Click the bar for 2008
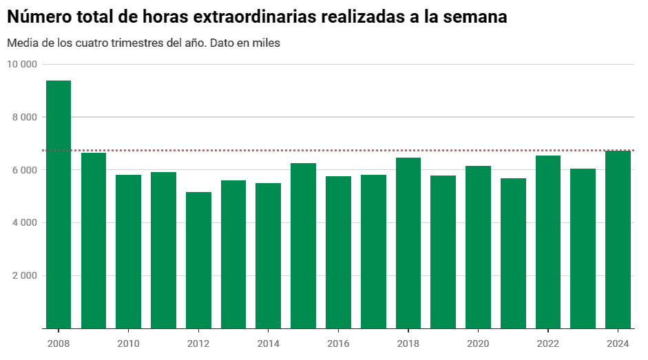click(x=59, y=204)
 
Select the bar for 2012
click(x=198, y=260)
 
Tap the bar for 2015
click(x=303, y=246)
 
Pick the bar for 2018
click(x=408, y=243)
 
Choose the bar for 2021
click(x=513, y=253)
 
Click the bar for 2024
click(x=618, y=240)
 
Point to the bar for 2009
click(x=94, y=240)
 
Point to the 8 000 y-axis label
click(x=23, y=117)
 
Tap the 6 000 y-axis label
click(x=23, y=170)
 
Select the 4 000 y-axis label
click(x=23, y=222)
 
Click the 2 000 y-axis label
click(x=23, y=275)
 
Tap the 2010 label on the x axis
click(x=128, y=343)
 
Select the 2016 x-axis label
click(x=338, y=343)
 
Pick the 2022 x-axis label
click(x=548, y=343)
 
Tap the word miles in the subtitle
click(x=266, y=43)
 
